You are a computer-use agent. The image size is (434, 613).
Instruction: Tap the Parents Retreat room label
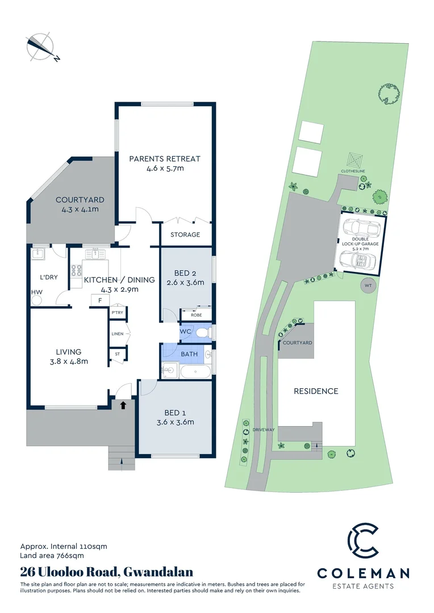[165, 159]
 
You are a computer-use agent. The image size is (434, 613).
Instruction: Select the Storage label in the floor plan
[185, 234]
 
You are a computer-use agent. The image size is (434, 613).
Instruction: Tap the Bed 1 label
[176, 413]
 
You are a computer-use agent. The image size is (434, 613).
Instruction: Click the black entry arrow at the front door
[123, 404]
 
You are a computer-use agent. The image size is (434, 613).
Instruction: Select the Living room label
[68, 352]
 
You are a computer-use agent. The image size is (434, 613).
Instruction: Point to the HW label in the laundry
[36, 292]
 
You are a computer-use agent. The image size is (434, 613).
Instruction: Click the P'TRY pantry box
[118, 313]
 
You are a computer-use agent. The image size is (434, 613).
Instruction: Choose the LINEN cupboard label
[118, 334]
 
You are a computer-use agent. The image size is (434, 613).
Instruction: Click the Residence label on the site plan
[316, 391]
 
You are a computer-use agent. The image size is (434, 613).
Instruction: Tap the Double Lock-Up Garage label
[360, 243]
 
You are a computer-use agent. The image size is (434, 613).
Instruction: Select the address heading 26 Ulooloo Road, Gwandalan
[107, 572]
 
